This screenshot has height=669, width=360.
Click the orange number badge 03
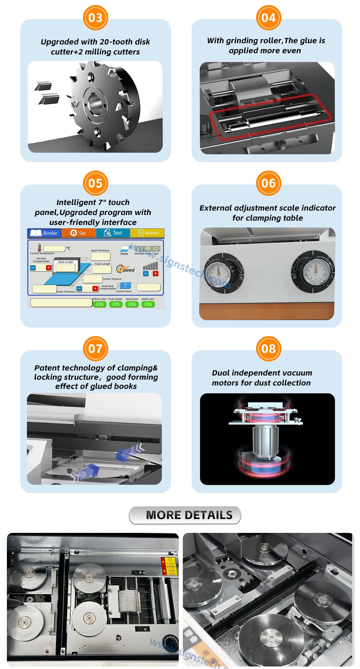(x=95, y=18)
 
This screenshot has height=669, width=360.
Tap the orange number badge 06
(x=269, y=183)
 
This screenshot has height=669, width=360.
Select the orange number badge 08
(x=269, y=349)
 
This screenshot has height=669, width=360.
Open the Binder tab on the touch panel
(x=44, y=233)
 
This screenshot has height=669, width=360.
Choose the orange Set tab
(x=78, y=233)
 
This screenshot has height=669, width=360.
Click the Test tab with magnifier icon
(x=113, y=233)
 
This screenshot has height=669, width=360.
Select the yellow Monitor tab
(x=147, y=233)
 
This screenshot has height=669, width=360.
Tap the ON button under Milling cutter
(x=100, y=304)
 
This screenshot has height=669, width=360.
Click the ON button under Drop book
(x=132, y=304)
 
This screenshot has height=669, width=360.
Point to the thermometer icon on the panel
(x=39, y=248)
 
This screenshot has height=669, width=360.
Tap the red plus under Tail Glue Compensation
(x=49, y=268)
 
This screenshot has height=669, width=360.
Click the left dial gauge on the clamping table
(x=219, y=273)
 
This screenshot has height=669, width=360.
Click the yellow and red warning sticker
(x=169, y=566)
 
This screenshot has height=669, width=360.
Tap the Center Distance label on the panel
(x=112, y=279)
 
